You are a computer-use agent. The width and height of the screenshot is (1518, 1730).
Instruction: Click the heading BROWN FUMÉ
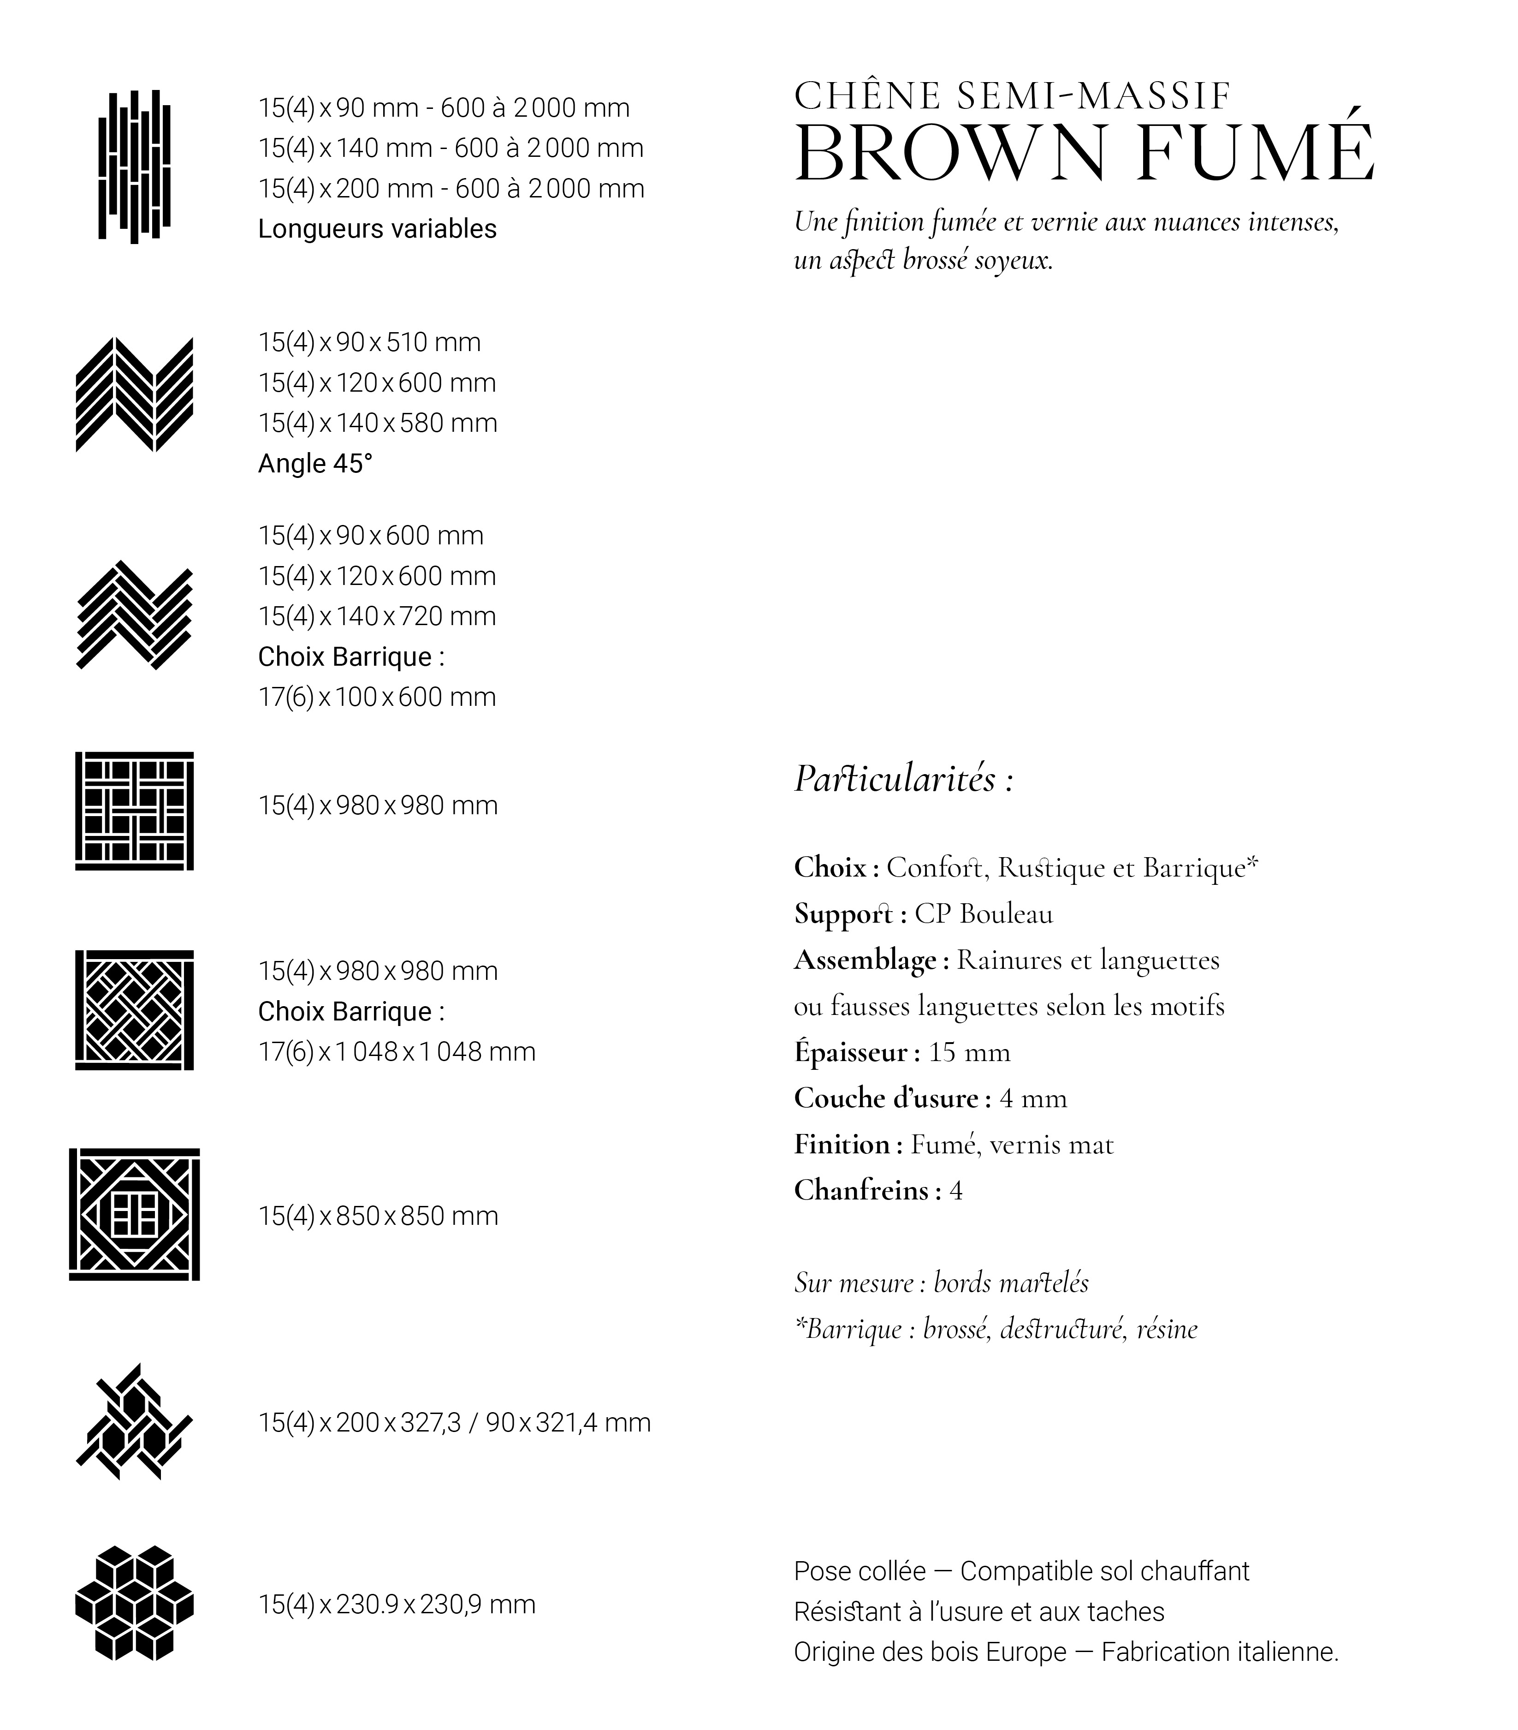click(1083, 154)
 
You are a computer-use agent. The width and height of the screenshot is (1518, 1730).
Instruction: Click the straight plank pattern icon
click(135, 166)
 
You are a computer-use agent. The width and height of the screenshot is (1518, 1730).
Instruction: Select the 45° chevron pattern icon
click(135, 394)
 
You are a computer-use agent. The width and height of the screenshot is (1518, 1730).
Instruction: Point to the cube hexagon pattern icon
click(135, 1602)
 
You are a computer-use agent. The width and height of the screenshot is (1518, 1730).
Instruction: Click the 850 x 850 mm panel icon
click(135, 1215)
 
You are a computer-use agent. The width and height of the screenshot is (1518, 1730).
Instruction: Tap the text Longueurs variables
click(377, 228)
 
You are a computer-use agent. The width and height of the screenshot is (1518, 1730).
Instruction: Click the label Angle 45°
click(315, 463)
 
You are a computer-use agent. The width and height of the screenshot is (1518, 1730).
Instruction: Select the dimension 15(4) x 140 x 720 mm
click(377, 616)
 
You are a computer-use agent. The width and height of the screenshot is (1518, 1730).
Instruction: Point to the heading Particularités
click(903, 779)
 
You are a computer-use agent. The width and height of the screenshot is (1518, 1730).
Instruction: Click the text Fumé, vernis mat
click(1012, 1144)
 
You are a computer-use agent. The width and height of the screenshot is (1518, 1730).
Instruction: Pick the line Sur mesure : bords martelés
click(941, 1283)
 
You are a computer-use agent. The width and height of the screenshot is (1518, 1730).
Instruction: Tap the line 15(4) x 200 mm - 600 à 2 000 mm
click(451, 188)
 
